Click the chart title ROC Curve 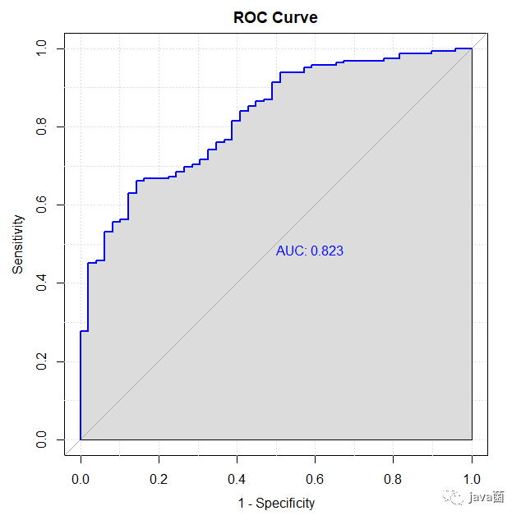pos(275,17)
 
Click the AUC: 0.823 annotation pos(309,251)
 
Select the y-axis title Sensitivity pos(17,245)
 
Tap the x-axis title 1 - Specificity pos(275,503)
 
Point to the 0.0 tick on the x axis pos(81,477)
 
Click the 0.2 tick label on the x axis pos(159,477)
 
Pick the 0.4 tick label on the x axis pos(237,477)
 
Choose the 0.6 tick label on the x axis pos(316,477)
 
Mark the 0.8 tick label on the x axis pos(394,477)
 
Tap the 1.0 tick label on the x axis pos(472,477)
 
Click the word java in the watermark pos(478,498)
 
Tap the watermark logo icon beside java pos(453,497)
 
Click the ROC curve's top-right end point pos(472,48)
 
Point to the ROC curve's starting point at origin pos(81,439)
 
